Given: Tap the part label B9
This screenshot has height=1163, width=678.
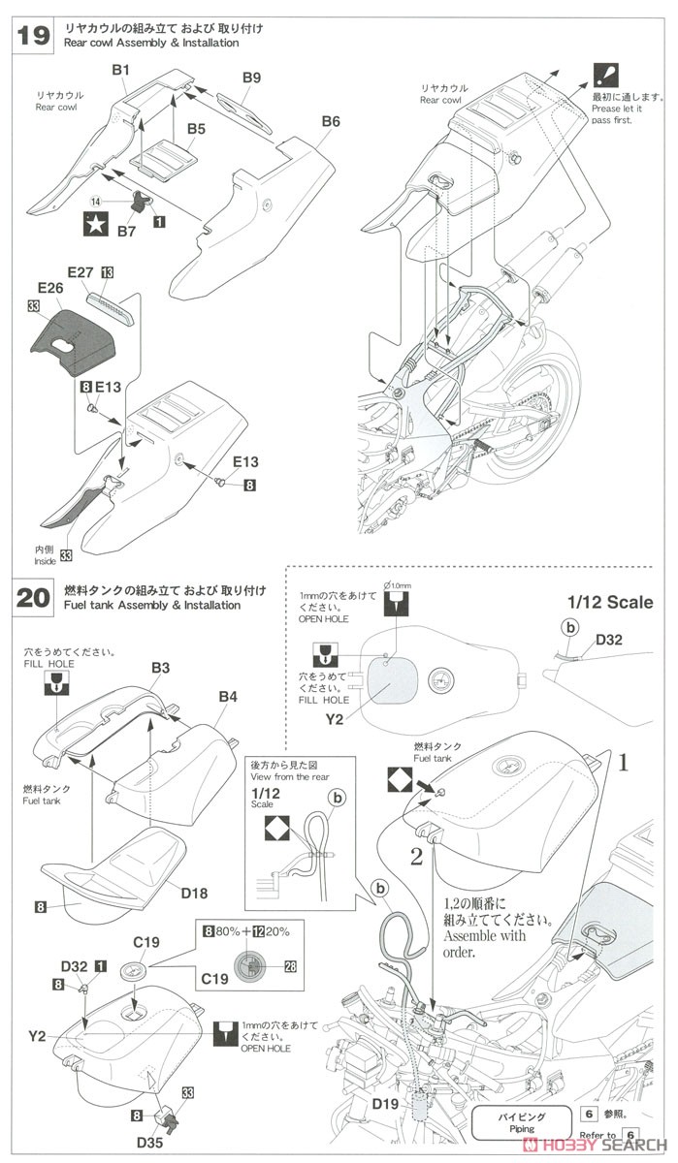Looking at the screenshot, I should pos(252,77).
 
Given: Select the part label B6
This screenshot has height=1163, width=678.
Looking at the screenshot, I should pos(331,122).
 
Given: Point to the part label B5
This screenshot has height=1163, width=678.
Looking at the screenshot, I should pos(197,128).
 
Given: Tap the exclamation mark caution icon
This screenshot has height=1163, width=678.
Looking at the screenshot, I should pos(603,74).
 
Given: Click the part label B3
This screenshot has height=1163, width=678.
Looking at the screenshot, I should pos(161,668).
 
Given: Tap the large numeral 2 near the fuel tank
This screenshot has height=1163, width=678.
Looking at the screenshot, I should pos(416,856).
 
